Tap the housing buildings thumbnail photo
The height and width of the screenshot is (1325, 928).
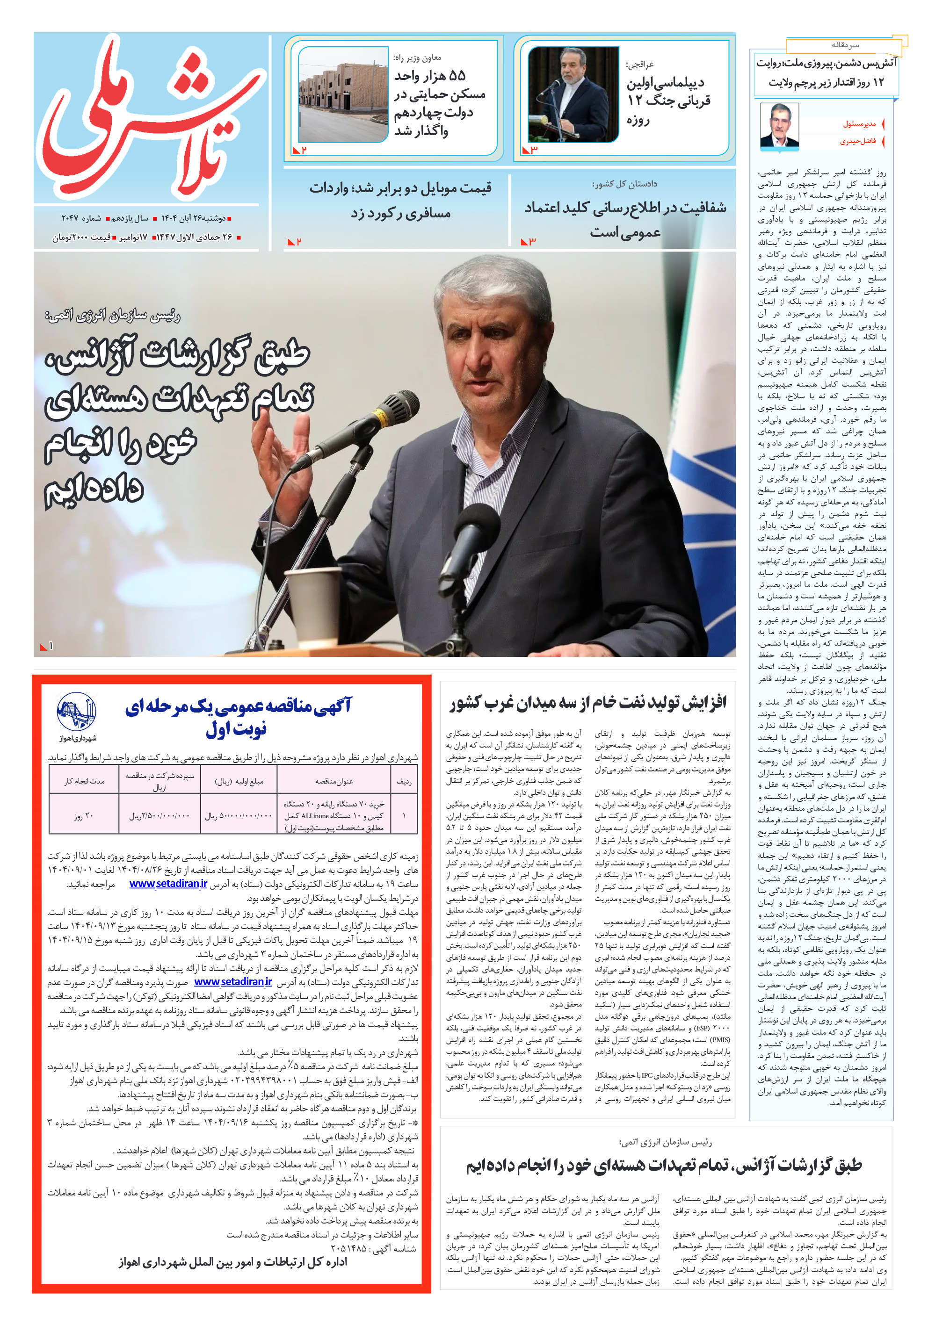pyautogui.click(x=342, y=95)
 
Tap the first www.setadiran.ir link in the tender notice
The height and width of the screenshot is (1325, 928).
pyautogui.click(x=168, y=884)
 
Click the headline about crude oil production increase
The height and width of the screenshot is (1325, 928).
pyautogui.click(x=587, y=702)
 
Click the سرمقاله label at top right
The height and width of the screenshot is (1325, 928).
pyautogui.click(x=845, y=45)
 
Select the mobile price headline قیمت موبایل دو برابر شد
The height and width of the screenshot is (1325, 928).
pyautogui.click(x=400, y=188)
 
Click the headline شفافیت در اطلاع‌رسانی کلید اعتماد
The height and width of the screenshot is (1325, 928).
pyautogui.click(x=625, y=208)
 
